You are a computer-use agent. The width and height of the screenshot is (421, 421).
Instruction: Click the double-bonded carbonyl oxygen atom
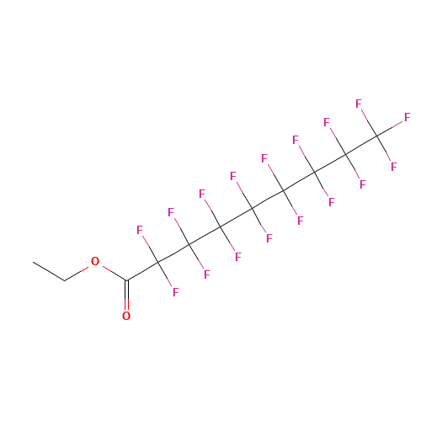click(126, 316)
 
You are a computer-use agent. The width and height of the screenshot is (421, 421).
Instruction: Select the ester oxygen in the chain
click(95, 262)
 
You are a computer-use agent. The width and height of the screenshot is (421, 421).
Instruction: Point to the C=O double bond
click(126, 294)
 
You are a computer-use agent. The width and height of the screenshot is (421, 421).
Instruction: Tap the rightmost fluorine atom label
click(408, 117)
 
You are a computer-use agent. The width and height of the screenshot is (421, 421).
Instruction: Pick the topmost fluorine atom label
click(359, 104)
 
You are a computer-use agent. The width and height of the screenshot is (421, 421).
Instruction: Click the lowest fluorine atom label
click(176, 292)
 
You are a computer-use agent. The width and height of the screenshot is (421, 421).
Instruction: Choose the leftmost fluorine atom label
click(140, 230)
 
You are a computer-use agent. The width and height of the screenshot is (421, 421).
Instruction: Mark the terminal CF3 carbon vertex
click(376, 136)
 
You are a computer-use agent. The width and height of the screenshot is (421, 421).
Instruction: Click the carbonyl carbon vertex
click(126, 280)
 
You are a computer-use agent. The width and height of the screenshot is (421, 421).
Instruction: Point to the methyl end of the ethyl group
click(33, 262)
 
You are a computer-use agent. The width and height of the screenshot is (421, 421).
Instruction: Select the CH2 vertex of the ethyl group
click(64, 280)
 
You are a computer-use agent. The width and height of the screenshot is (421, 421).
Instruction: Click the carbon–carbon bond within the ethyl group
click(49, 271)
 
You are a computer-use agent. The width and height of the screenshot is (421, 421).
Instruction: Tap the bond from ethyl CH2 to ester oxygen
click(77, 274)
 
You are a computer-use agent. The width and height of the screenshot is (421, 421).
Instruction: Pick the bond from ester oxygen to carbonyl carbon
click(115, 273)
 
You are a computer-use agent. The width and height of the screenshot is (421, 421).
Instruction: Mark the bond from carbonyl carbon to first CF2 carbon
click(142, 271)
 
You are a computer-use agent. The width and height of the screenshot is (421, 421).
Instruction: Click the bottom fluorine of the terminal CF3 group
click(394, 167)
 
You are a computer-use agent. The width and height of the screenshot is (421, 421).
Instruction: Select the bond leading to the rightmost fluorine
click(390, 129)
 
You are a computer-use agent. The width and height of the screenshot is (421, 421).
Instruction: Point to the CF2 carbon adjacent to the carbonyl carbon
click(158, 262)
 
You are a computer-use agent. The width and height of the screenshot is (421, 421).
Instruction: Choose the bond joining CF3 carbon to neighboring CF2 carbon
click(361, 145)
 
